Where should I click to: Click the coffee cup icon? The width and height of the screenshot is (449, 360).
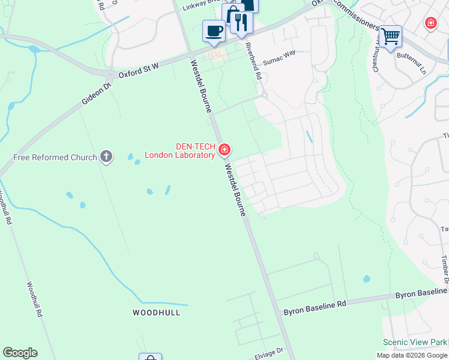click(x=213, y=30)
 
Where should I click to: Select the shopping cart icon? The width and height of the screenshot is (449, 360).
click(x=390, y=35)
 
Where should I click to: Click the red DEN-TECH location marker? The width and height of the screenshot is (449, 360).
click(x=224, y=149)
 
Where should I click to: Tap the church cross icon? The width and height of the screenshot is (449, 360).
click(x=106, y=157)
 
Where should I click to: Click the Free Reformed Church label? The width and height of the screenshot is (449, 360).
click(x=55, y=158)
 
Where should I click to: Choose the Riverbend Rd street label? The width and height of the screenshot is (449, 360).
click(x=255, y=65)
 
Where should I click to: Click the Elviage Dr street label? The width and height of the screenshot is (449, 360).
click(x=268, y=356)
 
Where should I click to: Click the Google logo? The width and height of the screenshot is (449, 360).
click(x=20, y=353)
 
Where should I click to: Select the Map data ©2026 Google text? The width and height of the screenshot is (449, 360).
click(x=411, y=355)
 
